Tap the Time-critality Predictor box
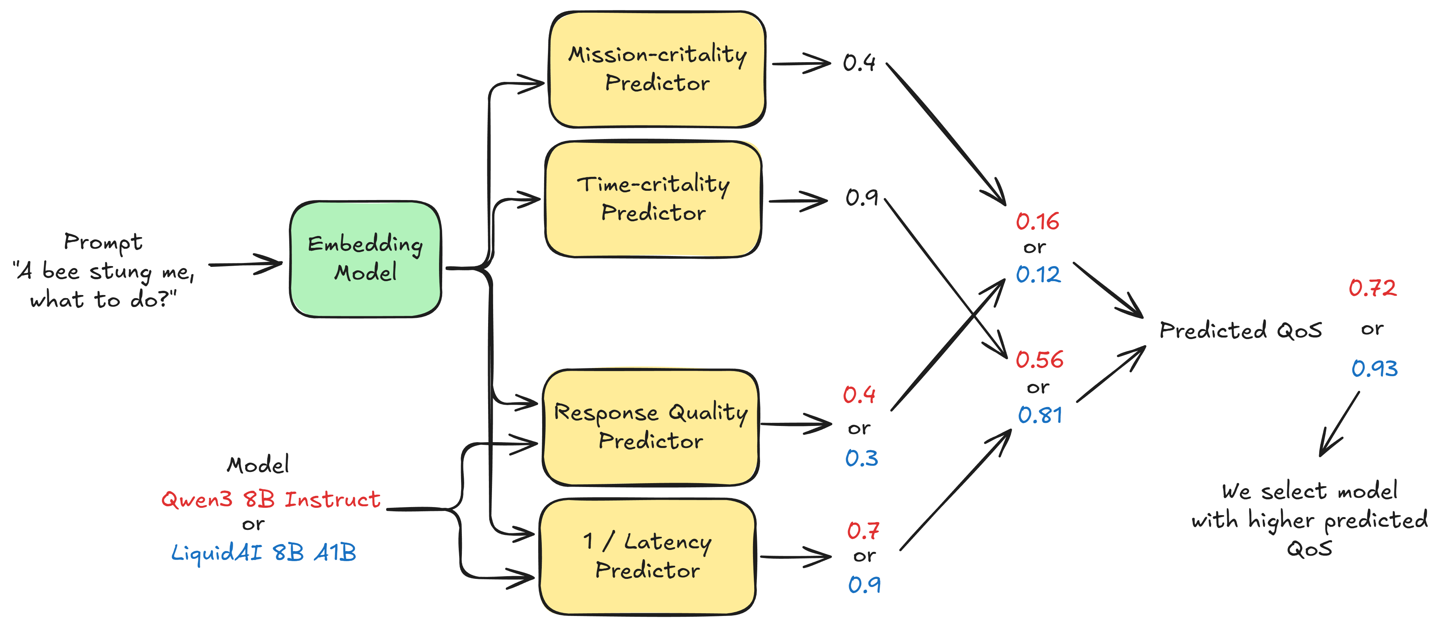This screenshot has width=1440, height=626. tap(653, 199)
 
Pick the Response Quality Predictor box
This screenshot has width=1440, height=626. tap(651, 427)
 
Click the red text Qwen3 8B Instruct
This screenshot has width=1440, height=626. tap(271, 499)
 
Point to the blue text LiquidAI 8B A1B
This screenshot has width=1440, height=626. tap(263, 553)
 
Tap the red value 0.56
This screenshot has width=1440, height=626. tap(1039, 360)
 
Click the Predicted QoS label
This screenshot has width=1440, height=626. tap(1240, 330)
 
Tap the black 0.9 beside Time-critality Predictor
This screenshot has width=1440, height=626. tap(862, 197)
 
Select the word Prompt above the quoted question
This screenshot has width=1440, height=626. tap(103, 242)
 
